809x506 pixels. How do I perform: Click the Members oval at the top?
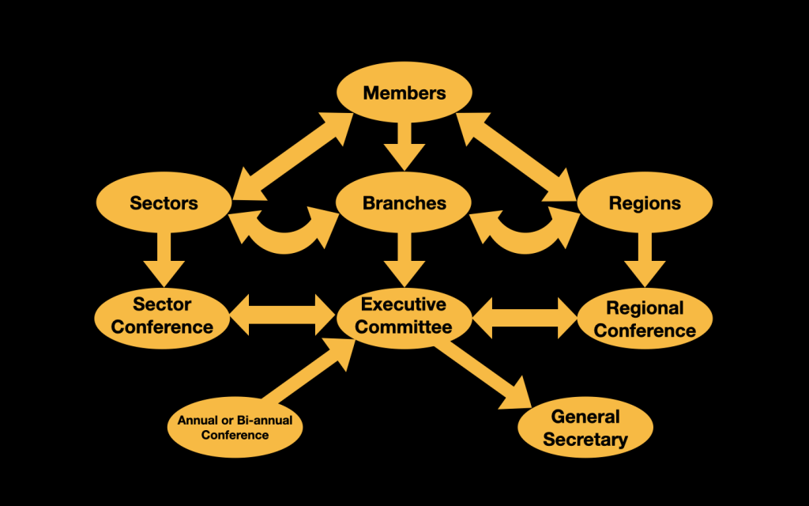pos(404,93)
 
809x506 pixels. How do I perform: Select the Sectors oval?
pos(164,203)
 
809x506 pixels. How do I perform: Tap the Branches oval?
pos(404,203)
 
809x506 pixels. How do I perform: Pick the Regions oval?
pos(645,203)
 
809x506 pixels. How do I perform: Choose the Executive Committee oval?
pos(404,315)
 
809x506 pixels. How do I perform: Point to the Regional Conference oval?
pos(645,319)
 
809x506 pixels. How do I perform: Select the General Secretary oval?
pos(585,428)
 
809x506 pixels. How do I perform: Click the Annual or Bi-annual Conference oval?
pos(235,428)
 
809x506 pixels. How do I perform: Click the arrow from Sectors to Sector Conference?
pos(164,258)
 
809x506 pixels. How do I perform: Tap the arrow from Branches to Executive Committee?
pos(404,258)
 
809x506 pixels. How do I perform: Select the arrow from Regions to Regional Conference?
pos(645,258)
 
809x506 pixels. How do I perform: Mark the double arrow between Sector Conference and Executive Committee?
pos(283,315)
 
